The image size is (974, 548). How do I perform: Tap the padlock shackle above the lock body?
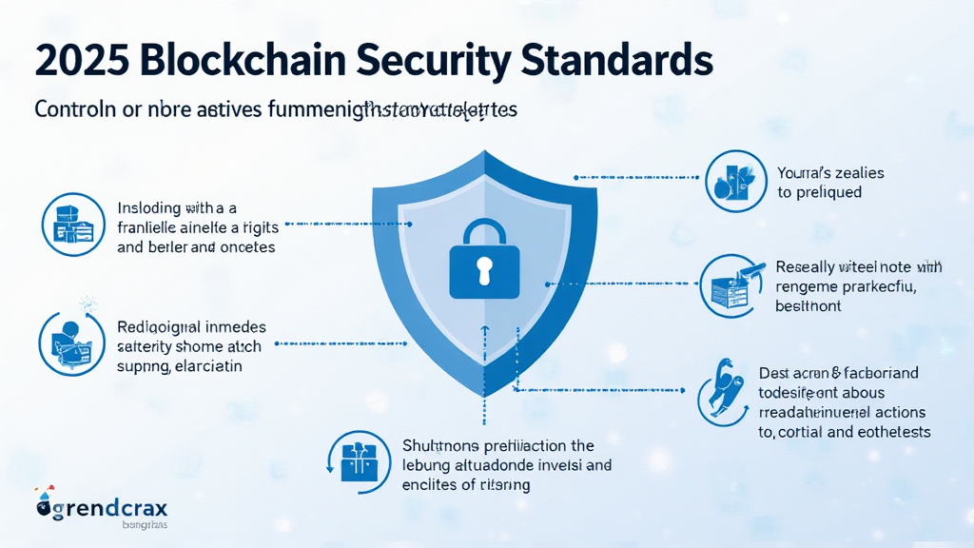(485, 233)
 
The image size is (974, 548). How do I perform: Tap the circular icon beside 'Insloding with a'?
(73, 225)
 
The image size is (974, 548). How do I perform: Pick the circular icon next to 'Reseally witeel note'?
(731, 286)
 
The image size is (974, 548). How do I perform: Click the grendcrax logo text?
(113, 509)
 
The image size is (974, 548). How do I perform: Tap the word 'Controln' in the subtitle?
(69, 109)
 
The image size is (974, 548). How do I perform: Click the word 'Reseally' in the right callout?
(807, 268)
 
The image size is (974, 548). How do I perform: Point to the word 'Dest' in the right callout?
(773, 373)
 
